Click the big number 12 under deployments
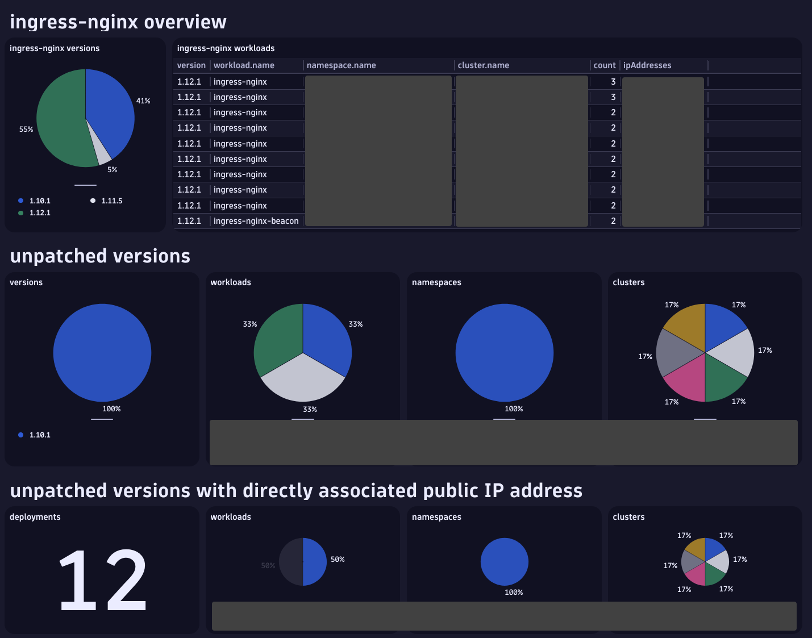click(103, 580)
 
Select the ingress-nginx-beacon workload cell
click(256, 221)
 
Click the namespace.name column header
click(341, 65)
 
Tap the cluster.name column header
click(483, 65)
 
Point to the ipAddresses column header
click(647, 65)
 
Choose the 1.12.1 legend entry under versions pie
click(40, 213)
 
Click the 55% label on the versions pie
click(26, 130)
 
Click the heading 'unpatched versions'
click(100, 256)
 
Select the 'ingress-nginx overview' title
click(118, 22)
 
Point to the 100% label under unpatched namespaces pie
click(514, 409)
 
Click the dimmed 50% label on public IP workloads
click(268, 566)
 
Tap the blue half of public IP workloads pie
click(314, 562)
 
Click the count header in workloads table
click(604, 65)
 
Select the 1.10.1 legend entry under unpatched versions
click(40, 435)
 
